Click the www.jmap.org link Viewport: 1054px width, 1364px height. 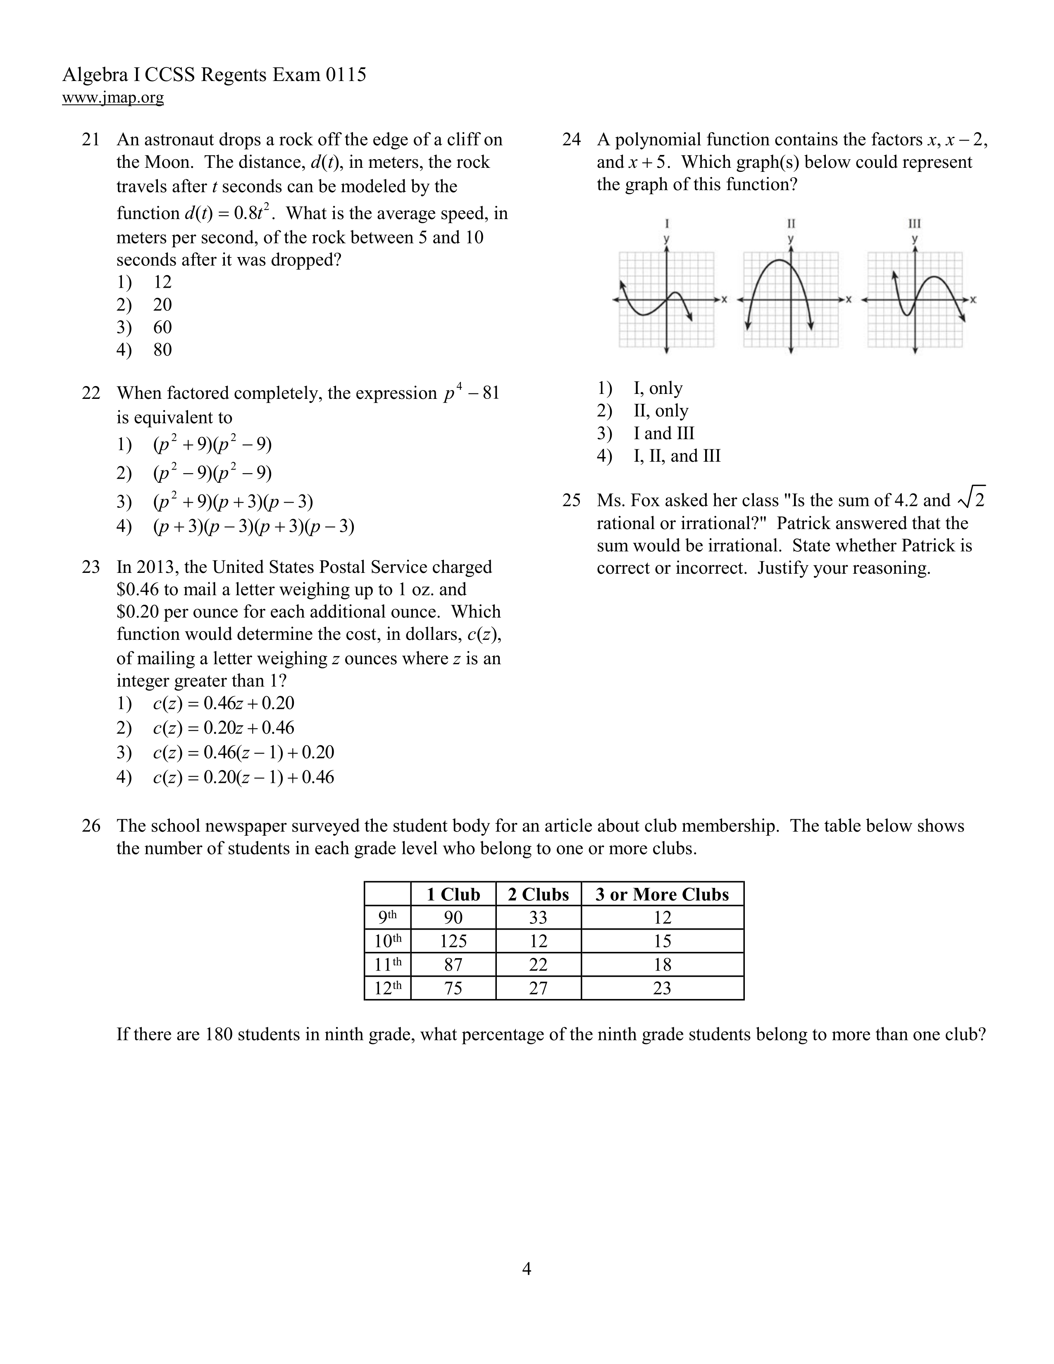point(113,98)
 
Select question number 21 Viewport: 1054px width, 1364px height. point(91,139)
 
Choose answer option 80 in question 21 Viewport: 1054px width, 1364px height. point(162,350)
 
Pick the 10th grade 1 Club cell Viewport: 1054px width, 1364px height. point(453,941)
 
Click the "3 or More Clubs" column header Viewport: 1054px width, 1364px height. point(662,894)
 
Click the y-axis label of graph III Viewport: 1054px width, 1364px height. point(915,238)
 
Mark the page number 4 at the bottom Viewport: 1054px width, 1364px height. point(526,1269)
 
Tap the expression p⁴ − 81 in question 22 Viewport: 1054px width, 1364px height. point(472,393)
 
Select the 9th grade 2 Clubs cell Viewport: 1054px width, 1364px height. point(538,918)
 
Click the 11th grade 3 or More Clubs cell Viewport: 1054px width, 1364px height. point(662,964)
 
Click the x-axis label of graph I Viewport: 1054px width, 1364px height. point(724,300)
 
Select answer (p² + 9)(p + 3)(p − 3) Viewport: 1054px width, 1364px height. point(233,501)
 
